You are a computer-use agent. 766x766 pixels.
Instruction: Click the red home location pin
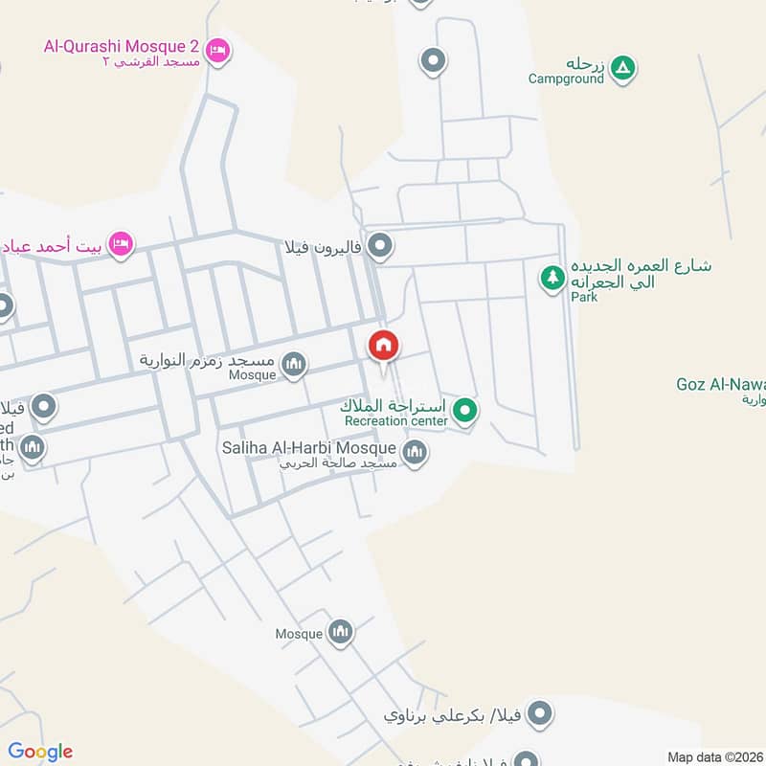384,346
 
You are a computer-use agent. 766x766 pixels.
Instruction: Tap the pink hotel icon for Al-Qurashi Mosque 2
218,51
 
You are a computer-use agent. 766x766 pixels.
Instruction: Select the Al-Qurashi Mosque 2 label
123,45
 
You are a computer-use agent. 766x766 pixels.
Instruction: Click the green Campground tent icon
623,67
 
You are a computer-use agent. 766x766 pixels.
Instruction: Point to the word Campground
566,79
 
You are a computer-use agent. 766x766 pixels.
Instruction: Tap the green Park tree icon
552,279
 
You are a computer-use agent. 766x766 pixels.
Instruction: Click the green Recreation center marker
465,412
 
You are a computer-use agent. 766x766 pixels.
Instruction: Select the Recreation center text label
395,421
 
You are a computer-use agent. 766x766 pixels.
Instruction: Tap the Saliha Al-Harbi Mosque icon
415,452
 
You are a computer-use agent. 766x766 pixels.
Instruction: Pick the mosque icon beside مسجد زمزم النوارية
294,364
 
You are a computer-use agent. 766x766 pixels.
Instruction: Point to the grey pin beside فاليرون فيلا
381,247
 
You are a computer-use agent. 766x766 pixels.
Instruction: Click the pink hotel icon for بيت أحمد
120,244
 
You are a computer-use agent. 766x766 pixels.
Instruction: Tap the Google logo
40,752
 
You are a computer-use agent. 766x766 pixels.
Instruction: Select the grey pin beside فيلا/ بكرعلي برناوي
541,713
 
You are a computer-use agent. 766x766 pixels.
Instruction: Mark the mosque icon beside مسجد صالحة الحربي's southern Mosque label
341,632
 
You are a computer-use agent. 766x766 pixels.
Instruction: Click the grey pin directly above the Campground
434,61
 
